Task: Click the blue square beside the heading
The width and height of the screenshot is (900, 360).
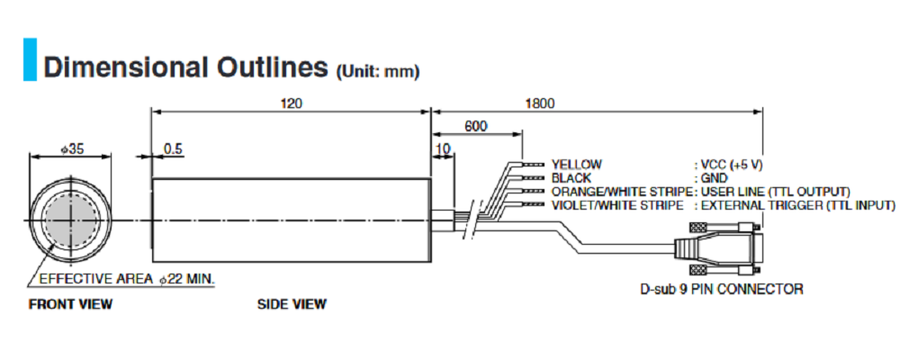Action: [30, 59]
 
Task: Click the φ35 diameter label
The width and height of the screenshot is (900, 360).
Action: [70, 148]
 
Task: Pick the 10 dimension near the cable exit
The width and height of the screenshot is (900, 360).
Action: [442, 148]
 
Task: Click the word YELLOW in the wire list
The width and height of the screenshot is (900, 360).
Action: [577, 165]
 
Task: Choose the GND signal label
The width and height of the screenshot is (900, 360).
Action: [715, 178]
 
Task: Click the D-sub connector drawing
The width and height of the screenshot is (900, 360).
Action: [725, 247]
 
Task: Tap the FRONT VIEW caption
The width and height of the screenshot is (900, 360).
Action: [70, 304]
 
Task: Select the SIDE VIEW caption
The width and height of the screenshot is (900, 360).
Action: [292, 304]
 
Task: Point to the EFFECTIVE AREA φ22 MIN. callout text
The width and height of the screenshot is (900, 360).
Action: [127, 279]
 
